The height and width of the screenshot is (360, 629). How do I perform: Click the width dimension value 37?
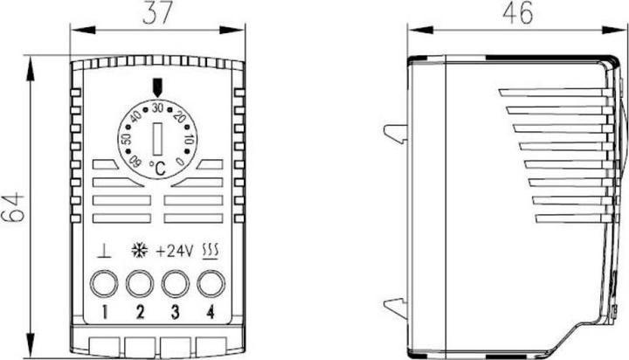pos(157,13)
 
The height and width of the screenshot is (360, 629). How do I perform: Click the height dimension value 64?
pos(13,207)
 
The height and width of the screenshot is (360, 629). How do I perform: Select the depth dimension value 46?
pos(518,13)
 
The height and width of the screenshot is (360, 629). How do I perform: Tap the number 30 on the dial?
pos(157,107)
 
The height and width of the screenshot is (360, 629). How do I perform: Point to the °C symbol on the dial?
pos(157,169)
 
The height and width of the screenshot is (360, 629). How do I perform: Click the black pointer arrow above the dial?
pos(157,87)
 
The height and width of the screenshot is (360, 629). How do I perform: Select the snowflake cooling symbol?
pos(139,250)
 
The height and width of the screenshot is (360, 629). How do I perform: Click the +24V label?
pos(175,252)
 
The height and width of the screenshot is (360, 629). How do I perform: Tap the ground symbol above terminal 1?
pos(104,251)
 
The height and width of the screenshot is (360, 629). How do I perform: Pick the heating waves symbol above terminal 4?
pos(211,252)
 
